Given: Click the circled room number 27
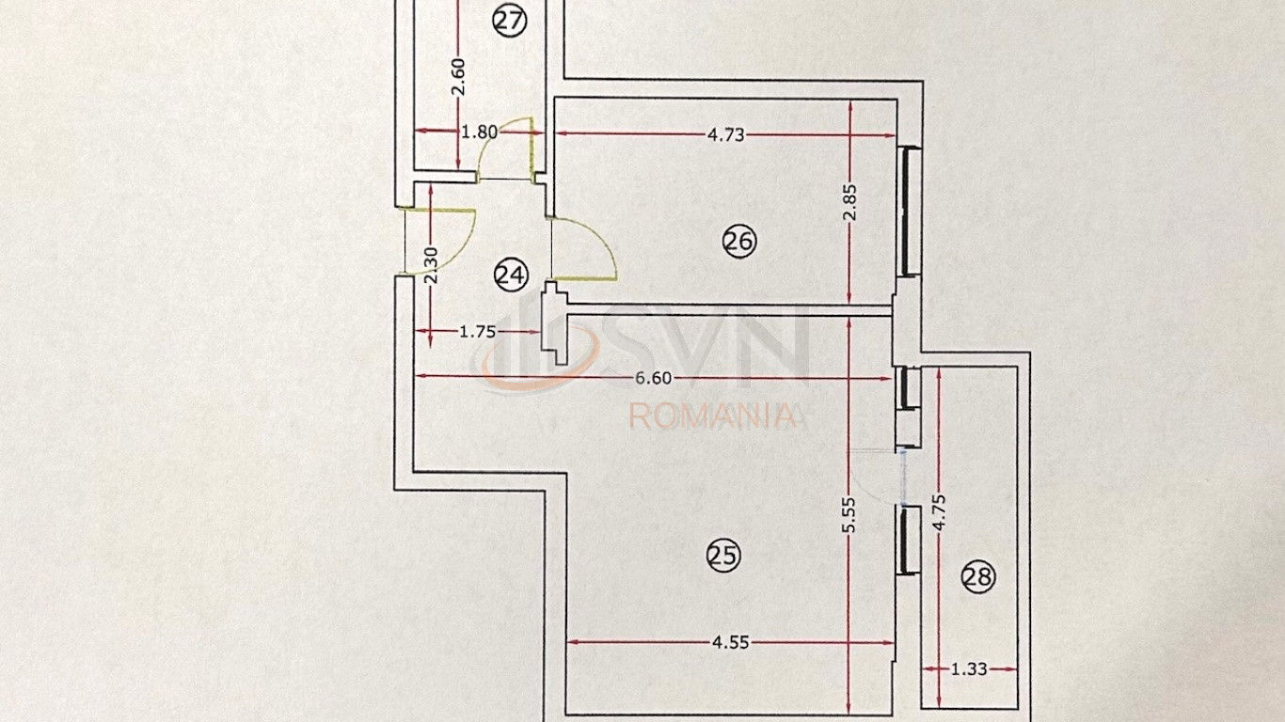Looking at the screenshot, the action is [x=510, y=22].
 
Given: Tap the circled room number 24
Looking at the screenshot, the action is [x=511, y=275].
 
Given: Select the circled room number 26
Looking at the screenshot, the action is [x=738, y=241].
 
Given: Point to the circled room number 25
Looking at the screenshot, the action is [x=723, y=555].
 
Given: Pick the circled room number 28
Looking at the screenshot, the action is [x=978, y=576].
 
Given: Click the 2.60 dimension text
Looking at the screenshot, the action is [x=458, y=77].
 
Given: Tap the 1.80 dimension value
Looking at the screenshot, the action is [x=480, y=132].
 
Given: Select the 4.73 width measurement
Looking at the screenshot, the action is [x=725, y=134].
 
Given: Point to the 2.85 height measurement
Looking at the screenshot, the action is [x=849, y=202].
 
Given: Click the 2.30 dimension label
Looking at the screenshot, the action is [x=431, y=265].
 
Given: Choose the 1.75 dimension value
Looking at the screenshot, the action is [x=477, y=332].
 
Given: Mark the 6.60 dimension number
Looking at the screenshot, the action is [x=654, y=378].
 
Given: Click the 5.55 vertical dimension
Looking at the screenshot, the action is [x=849, y=514].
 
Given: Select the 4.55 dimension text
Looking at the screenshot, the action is [x=730, y=642].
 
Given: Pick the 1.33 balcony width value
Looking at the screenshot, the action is [x=969, y=668].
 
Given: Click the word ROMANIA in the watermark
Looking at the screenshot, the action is [x=713, y=416].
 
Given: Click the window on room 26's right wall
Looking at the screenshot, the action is [x=908, y=212].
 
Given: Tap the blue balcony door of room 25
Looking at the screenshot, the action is [x=903, y=478].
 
